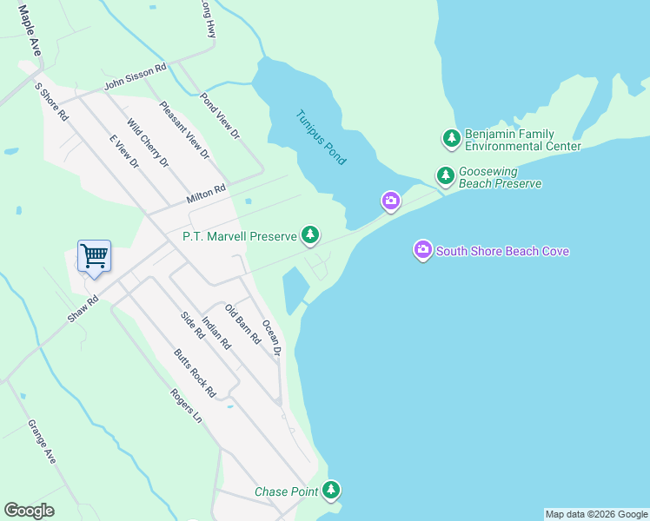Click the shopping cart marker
click(x=94, y=257)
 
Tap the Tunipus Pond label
click(x=321, y=137)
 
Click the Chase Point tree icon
click(x=331, y=491)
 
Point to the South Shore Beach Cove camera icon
click(x=423, y=251)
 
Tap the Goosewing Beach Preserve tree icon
click(x=446, y=177)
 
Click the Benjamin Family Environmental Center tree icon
click(x=451, y=139)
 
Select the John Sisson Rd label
click(x=135, y=77)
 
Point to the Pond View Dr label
click(x=220, y=116)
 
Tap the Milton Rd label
click(x=206, y=194)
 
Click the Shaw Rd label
click(x=83, y=308)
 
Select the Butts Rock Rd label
click(x=194, y=373)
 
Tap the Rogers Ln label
click(x=186, y=405)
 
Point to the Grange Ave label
click(x=42, y=442)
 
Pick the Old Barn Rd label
click(x=242, y=325)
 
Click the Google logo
click(x=29, y=511)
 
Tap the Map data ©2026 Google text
click(x=596, y=514)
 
